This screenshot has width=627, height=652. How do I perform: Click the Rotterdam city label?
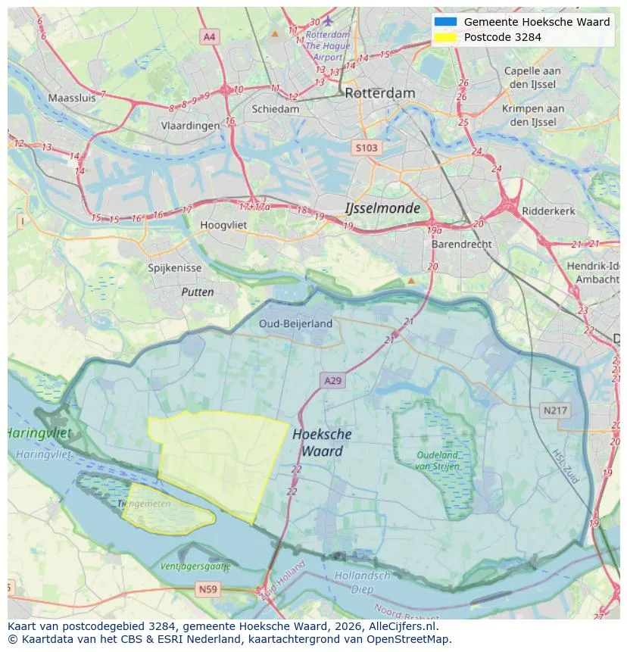click(x=379, y=93)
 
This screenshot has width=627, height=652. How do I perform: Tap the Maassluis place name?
click(x=72, y=98)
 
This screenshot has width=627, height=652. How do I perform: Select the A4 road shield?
click(x=209, y=36)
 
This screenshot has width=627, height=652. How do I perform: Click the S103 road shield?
click(x=366, y=148)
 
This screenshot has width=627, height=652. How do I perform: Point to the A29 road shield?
click(x=332, y=381)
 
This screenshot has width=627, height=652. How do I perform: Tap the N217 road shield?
click(x=555, y=410)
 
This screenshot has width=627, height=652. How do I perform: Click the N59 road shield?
click(x=207, y=588)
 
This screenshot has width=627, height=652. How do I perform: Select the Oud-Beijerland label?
click(x=295, y=323)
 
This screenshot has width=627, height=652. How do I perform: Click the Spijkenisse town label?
click(x=175, y=268)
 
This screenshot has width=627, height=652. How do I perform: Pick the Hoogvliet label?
click(x=223, y=225)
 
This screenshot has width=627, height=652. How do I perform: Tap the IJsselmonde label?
click(x=382, y=207)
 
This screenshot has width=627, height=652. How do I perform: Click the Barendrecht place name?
click(x=461, y=245)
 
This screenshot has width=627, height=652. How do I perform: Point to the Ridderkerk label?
click(x=548, y=211)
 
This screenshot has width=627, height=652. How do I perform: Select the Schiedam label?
click(x=275, y=109)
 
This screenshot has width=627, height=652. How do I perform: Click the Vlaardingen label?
click(x=190, y=126)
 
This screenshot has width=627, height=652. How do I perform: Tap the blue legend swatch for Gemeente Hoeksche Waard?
click(x=445, y=22)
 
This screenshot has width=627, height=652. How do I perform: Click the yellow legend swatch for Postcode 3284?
click(x=445, y=37)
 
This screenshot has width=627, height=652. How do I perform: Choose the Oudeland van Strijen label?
click(x=437, y=460)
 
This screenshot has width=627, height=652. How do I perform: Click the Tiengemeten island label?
click(x=144, y=504)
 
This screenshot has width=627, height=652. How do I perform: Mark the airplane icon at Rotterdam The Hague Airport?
click(x=327, y=20)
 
